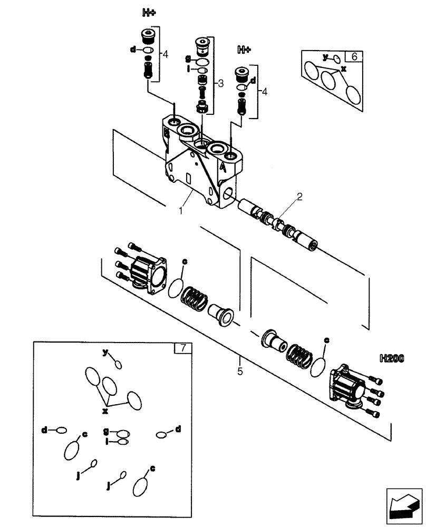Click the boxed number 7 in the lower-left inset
[x=182, y=348]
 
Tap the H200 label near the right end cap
[x=391, y=359]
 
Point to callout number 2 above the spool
[x=299, y=197]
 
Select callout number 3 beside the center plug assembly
[x=221, y=83]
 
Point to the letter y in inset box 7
[x=105, y=352]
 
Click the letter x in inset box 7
[x=105, y=411]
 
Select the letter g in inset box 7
[x=106, y=431]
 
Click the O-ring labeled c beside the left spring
[x=176, y=289]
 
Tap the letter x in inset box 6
[x=344, y=69]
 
